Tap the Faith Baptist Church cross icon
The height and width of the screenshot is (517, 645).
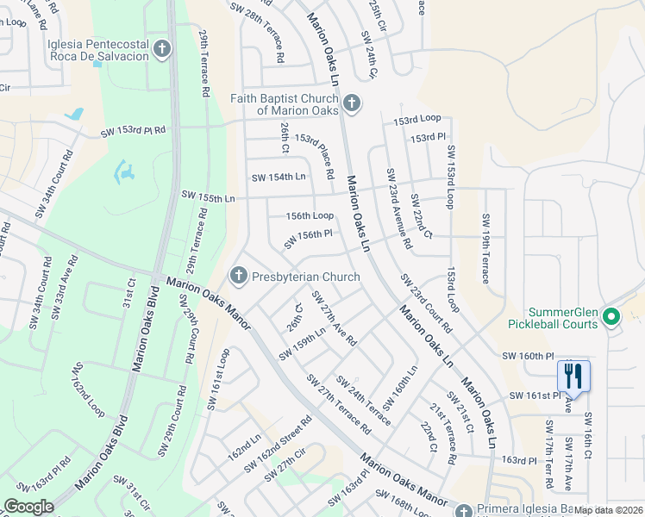(x=351, y=104)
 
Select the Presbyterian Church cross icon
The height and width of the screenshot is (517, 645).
(x=239, y=277)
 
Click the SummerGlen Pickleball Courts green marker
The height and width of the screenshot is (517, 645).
(x=611, y=317)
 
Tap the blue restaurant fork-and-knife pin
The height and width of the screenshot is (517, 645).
(x=573, y=376)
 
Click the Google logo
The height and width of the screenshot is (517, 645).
(x=28, y=508)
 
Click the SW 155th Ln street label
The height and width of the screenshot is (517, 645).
(x=207, y=198)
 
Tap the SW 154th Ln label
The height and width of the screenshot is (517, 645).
(x=279, y=178)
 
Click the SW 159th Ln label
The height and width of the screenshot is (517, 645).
(x=302, y=343)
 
